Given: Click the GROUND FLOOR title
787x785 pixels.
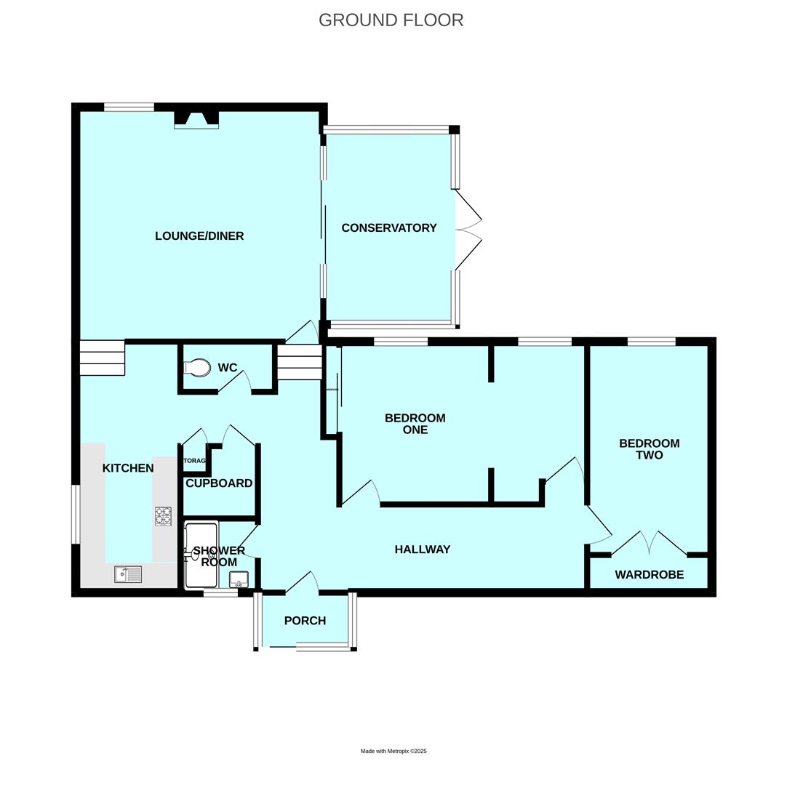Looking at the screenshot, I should pyautogui.click(x=391, y=20).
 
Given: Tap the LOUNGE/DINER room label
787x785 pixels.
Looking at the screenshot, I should pyautogui.click(x=199, y=236).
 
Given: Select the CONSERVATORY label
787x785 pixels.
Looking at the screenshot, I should pyautogui.click(x=389, y=228).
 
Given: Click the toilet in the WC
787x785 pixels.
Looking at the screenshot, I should pyautogui.click(x=197, y=369).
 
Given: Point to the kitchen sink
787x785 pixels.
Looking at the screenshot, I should pyautogui.click(x=128, y=574).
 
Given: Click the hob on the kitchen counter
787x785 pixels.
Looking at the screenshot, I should pyautogui.click(x=163, y=516).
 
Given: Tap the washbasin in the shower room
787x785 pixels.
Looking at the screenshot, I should pyautogui.click(x=239, y=579).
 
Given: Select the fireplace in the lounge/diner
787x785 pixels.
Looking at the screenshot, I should pyautogui.click(x=196, y=119).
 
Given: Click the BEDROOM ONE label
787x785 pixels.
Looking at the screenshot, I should pyautogui.click(x=415, y=424).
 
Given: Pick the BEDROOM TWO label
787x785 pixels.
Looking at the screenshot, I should pyautogui.click(x=649, y=449).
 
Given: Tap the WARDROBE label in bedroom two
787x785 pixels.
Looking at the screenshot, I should pyautogui.click(x=649, y=575).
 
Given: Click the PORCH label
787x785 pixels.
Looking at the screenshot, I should pyautogui.click(x=305, y=621).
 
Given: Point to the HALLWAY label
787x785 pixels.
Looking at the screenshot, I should pyautogui.click(x=422, y=549).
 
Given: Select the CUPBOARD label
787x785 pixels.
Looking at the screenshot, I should pyautogui.click(x=219, y=483).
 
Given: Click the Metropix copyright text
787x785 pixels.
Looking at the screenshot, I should pyautogui.click(x=393, y=751).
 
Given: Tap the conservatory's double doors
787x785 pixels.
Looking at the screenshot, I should pyautogui.click(x=468, y=230).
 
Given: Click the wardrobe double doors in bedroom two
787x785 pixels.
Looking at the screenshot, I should pyautogui.click(x=650, y=544).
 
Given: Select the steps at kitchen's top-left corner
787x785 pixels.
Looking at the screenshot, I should pyautogui.click(x=102, y=358).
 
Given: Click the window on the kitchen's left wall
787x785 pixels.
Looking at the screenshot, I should pyautogui.click(x=75, y=514).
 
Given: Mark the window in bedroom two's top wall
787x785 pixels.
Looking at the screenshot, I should pyautogui.click(x=651, y=342).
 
